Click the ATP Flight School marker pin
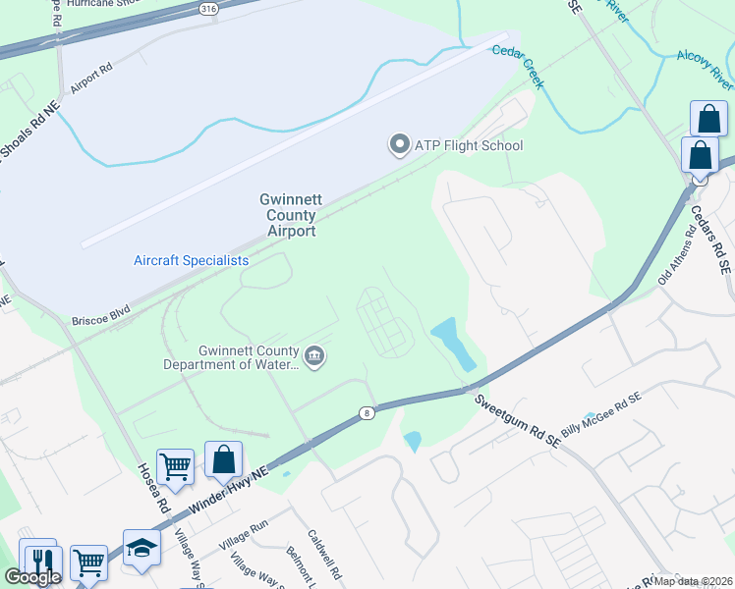pyautogui.click(x=399, y=145)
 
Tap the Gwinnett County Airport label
pyautogui.click(x=287, y=214)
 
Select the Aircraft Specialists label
pyautogui.click(x=191, y=260)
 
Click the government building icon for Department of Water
pyautogui.click(x=314, y=355)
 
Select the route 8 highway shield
pyautogui.click(x=367, y=412)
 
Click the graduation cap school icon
pyautogui.click(x=141, y=547)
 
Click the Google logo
pyautogui.click(x=32, y=577)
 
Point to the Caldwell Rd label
pyautogui.click(x=323, y=556)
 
